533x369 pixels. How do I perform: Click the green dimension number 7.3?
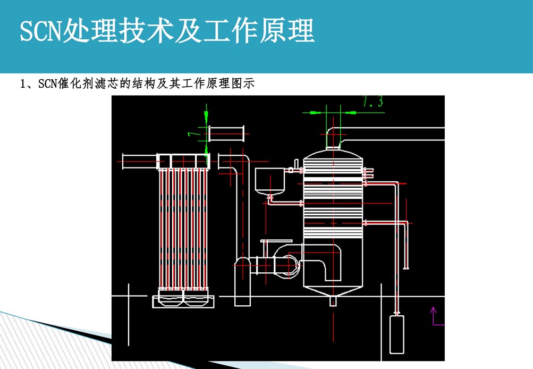coord(373,102)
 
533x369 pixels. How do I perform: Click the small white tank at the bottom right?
coord(396,334)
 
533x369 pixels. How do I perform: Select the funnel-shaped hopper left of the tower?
coord(270,181)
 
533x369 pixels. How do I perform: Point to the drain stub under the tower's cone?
coord(333,301)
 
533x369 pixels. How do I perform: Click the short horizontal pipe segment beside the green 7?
coord(226,133)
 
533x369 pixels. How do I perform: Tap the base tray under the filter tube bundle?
coord(184,301)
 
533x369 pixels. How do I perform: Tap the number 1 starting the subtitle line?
coord(22,83)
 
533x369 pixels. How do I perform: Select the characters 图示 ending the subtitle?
coord(245,83)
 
